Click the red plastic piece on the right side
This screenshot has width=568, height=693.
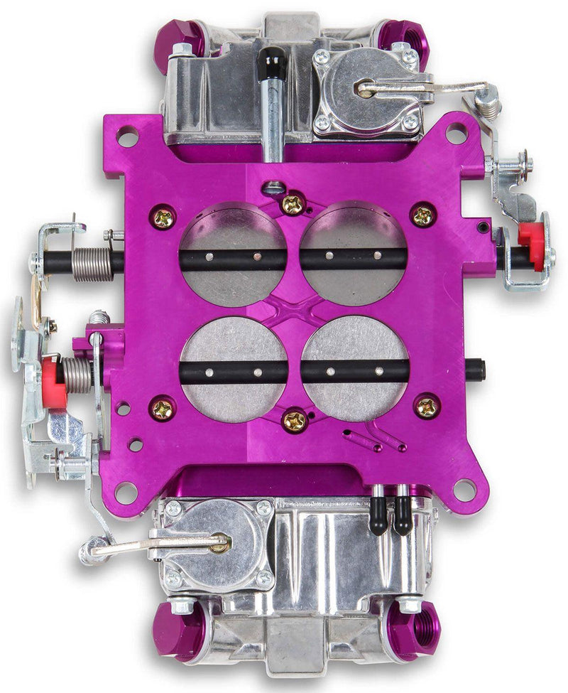533,245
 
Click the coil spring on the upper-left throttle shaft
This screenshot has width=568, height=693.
93,262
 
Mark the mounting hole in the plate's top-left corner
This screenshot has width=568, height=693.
128,137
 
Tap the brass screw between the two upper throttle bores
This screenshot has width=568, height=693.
293,205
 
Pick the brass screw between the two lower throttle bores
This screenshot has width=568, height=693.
294,421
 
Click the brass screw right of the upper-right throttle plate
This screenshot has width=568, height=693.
424,215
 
